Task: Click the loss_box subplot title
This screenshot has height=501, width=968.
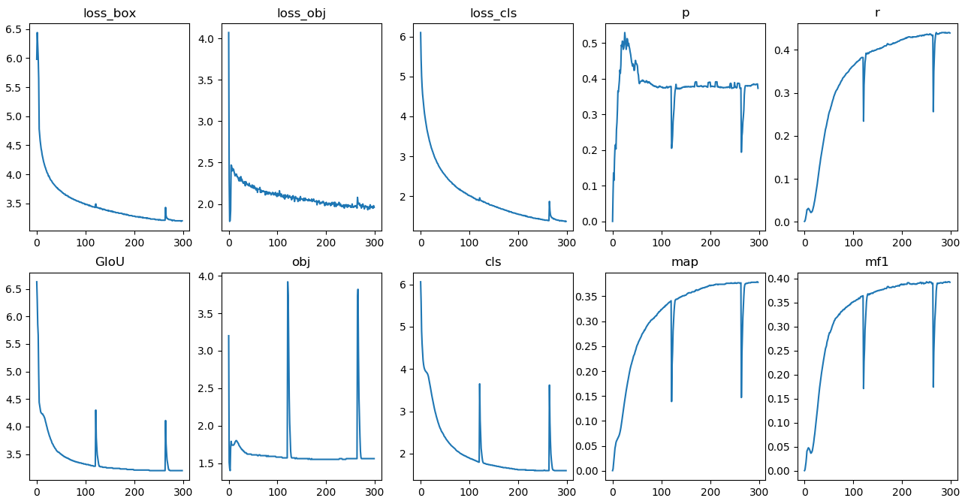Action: tap(110, 13)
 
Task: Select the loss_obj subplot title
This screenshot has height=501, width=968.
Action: tap(301, 13)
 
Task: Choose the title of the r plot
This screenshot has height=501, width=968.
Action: tap(876, 13)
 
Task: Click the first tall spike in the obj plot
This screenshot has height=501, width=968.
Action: tap(288, 282)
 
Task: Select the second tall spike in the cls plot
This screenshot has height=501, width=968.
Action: tap(549, 385)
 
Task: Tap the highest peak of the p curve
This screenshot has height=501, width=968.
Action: tap(625, 33)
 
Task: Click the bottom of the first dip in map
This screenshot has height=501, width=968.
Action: tap(671, 400)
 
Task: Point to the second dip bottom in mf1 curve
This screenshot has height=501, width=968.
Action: tap(933, 387)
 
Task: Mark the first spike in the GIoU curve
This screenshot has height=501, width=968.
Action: tap(95, 410)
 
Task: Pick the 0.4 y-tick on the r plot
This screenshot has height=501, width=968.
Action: tap(783, 50)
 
